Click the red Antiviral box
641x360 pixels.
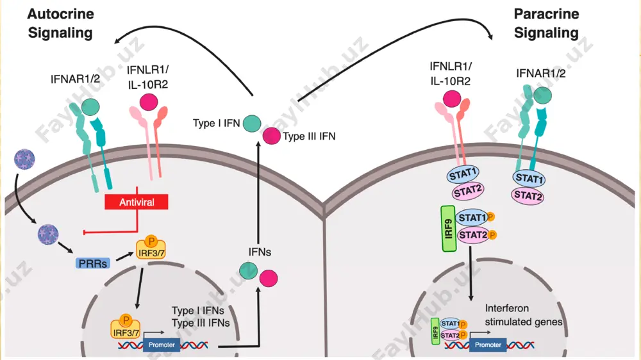click(136, 202)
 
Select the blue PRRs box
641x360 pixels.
click(93, 263)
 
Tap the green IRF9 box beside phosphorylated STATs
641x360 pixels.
click(449, 229)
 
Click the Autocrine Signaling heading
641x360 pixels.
click(60, 23)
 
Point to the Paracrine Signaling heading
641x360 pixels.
click(546, 23)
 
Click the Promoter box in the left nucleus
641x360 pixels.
click(162, 345)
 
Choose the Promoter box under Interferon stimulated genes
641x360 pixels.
click(488, 345)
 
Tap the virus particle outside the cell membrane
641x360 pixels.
click(24, 160)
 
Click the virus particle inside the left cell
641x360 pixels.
click(48, 234)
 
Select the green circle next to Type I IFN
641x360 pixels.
click(252, 124)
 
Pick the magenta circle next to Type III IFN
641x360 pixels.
click(271, 136)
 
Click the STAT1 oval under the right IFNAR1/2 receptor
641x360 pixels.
click(529, 178)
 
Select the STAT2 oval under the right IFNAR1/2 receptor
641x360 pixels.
click(528, 196)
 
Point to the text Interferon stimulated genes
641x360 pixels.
click(524, 315)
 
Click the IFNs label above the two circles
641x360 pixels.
click(260, 252)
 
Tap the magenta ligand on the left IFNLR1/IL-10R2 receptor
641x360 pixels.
click(149, 102)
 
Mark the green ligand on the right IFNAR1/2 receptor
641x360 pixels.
click(542, 95)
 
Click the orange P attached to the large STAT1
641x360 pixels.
click(490, 217)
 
